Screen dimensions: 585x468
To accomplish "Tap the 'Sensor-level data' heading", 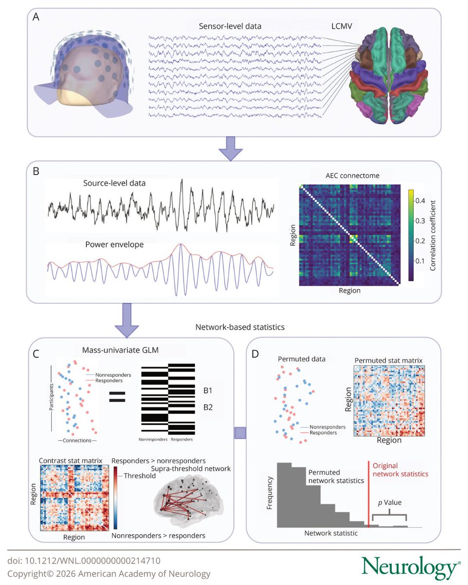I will (230, 26).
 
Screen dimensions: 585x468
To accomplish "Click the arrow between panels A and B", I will (230, 149).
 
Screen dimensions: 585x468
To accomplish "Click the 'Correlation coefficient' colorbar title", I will (433, 232).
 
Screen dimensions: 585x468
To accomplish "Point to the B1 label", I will (207, 390).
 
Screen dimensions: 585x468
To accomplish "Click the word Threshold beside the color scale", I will (140, 475).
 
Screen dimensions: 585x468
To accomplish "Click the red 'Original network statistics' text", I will (404, 469).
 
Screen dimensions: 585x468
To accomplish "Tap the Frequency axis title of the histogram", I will (270, 493).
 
